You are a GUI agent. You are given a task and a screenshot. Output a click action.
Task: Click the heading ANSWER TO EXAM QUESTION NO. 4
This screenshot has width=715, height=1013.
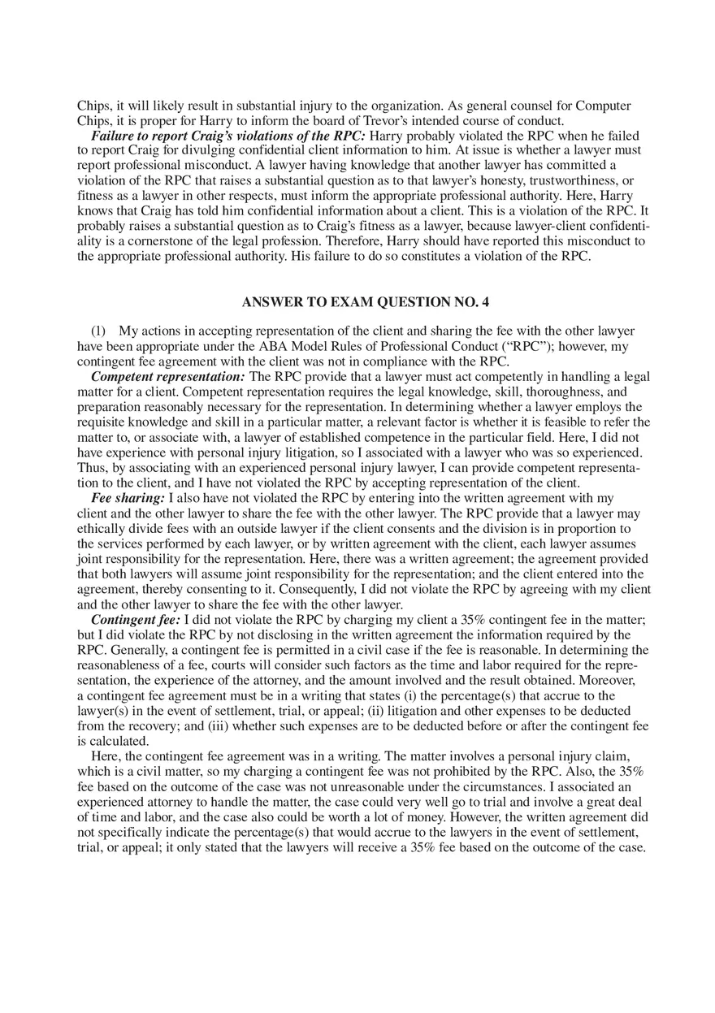(x=366, y=302)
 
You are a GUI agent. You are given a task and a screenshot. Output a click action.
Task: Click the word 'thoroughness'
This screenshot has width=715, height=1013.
(x=565, y=392)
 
